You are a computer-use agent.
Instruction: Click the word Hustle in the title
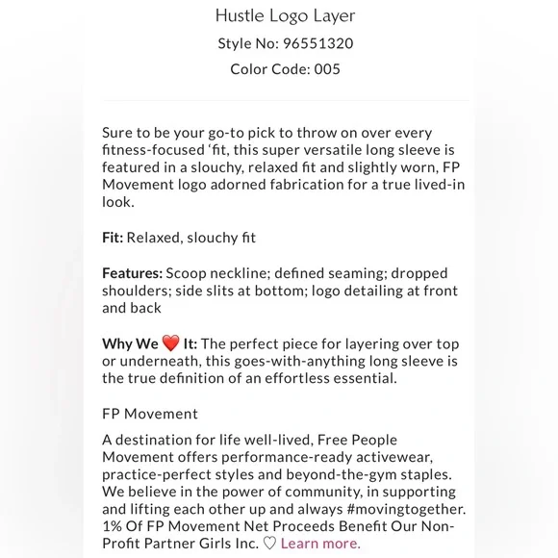(239, 16)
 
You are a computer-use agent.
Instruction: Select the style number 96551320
(308, 43)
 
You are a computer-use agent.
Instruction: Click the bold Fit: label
(113, 238)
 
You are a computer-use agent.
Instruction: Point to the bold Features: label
(132, 273)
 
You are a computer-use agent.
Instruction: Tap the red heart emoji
(170, 343)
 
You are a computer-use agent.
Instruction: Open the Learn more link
(320, 544)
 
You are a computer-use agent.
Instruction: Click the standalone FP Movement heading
(150, 414)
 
